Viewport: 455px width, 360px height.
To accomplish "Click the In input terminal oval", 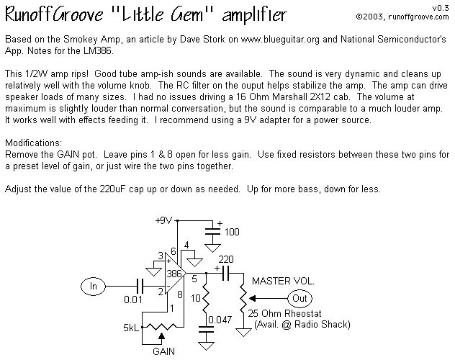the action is (x=93, y=287).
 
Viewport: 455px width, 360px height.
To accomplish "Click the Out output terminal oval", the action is (x=299, y=298).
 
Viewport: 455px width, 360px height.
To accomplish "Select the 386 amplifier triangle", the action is (x=175, y=273).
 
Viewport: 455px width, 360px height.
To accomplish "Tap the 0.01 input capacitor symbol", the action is (x=140, y=287).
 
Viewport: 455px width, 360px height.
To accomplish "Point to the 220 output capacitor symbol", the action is (x=225, y=273).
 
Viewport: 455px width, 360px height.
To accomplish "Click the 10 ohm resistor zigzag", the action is (x=206, y=298).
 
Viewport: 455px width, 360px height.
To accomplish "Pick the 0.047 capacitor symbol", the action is (x=206, y=329).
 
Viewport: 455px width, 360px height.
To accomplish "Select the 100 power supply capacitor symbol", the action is (x=212, y=231).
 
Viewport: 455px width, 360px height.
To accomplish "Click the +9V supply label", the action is (x=163, y=221).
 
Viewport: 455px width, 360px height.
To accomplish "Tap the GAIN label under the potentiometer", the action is (x=163, y=351).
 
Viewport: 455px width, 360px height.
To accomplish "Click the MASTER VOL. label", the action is (x=283, y=281).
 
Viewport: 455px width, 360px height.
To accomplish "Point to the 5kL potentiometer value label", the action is (x=132, y=328).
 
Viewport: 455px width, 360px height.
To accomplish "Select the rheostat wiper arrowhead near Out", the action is (x=253, y=298).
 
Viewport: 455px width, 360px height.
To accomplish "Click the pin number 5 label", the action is (x=194, y=279).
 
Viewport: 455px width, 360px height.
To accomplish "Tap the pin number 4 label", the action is (x=186, y=245).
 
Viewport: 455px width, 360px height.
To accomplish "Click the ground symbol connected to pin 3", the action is (x=154, y=271).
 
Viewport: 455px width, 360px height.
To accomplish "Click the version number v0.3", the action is (x=441, y=8).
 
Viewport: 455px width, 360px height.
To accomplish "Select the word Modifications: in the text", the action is (x=33, y=143).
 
